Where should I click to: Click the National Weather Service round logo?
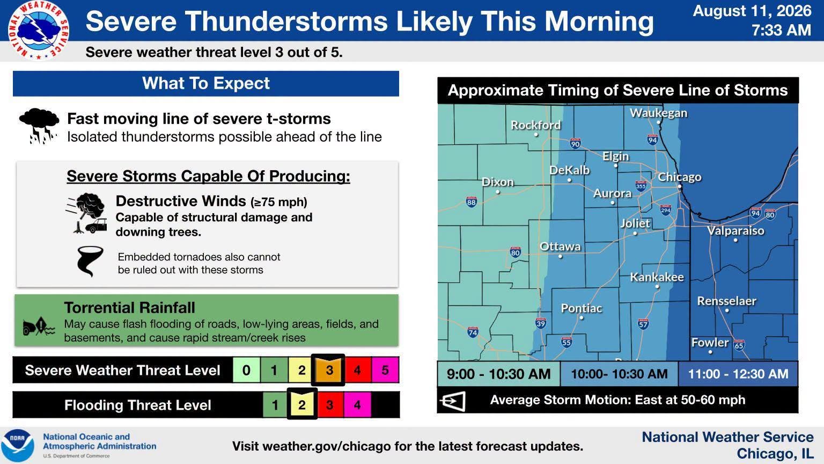pos(38,30)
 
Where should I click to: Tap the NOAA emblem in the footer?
pos(17,446)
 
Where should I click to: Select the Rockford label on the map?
pos(535,125)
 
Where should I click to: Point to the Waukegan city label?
pos(658,113)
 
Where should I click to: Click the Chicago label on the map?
pos(680,177)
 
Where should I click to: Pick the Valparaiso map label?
pos(735,231)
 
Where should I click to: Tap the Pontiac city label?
pos(581,308)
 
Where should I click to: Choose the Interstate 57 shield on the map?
pos(643,324)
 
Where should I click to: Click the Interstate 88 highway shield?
pos(471,202)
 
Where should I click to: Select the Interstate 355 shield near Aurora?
pos(641,186)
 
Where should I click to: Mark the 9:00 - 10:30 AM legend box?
pos(498,374)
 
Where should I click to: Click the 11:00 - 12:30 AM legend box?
pos(738,374)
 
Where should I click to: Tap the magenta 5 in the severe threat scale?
pos(385,369)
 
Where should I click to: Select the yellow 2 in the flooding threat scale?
pos(301,404)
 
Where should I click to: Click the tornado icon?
pos(90,261)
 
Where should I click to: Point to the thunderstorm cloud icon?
pos(39,125)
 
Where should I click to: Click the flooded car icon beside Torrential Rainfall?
pos(39,326)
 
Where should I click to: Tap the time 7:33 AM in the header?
pos(781,30)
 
